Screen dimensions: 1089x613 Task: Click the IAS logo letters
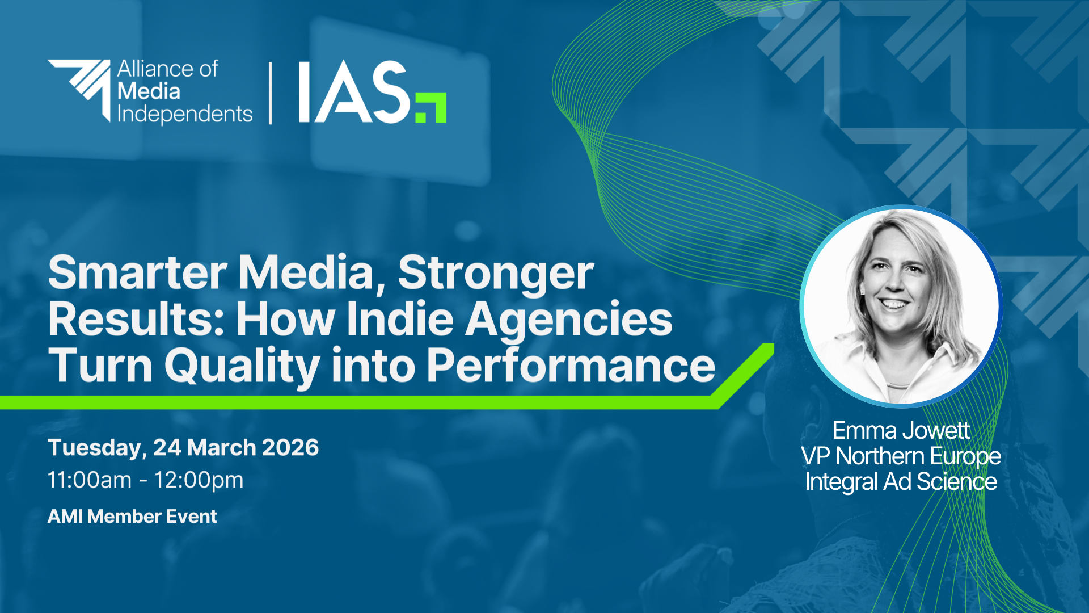pyautogui.click(x=353, y=92)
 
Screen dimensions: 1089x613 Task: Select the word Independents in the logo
pyautogui.click(x=185, y=115)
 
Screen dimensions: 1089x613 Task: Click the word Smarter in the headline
pyautogui.click(x=138, y=273)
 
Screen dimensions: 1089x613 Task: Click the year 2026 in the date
pyautogui.click(x=290, y=448)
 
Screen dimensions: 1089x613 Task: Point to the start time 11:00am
pyautogui.click(x=90, y=480)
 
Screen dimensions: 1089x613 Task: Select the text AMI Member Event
pyautogui.click(x=132, y=517)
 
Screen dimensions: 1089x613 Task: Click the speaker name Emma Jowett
pyautogui.click(x=901, y=431)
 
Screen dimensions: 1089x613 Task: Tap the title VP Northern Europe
pyautogui.click(x=901, y=457)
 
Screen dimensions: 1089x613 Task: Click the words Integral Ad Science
pyautogui.click(x=901, y=482)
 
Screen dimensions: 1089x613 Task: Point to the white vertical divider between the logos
pyautogui.click(x=270, y=93)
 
